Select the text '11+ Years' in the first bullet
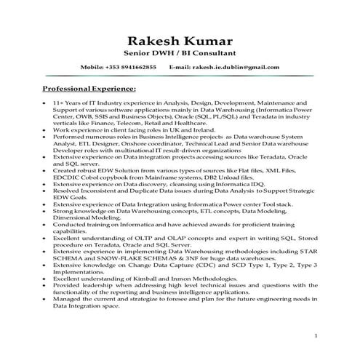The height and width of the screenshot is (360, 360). (68, 103)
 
